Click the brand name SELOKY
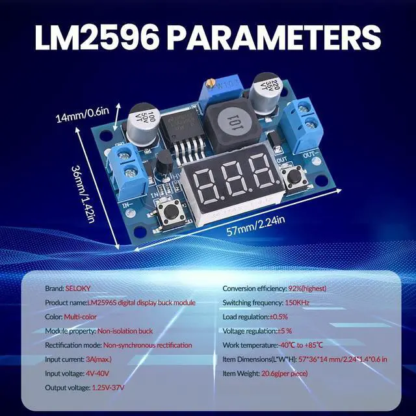(x=76, y=288)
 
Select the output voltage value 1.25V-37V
(x=107, y=388)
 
